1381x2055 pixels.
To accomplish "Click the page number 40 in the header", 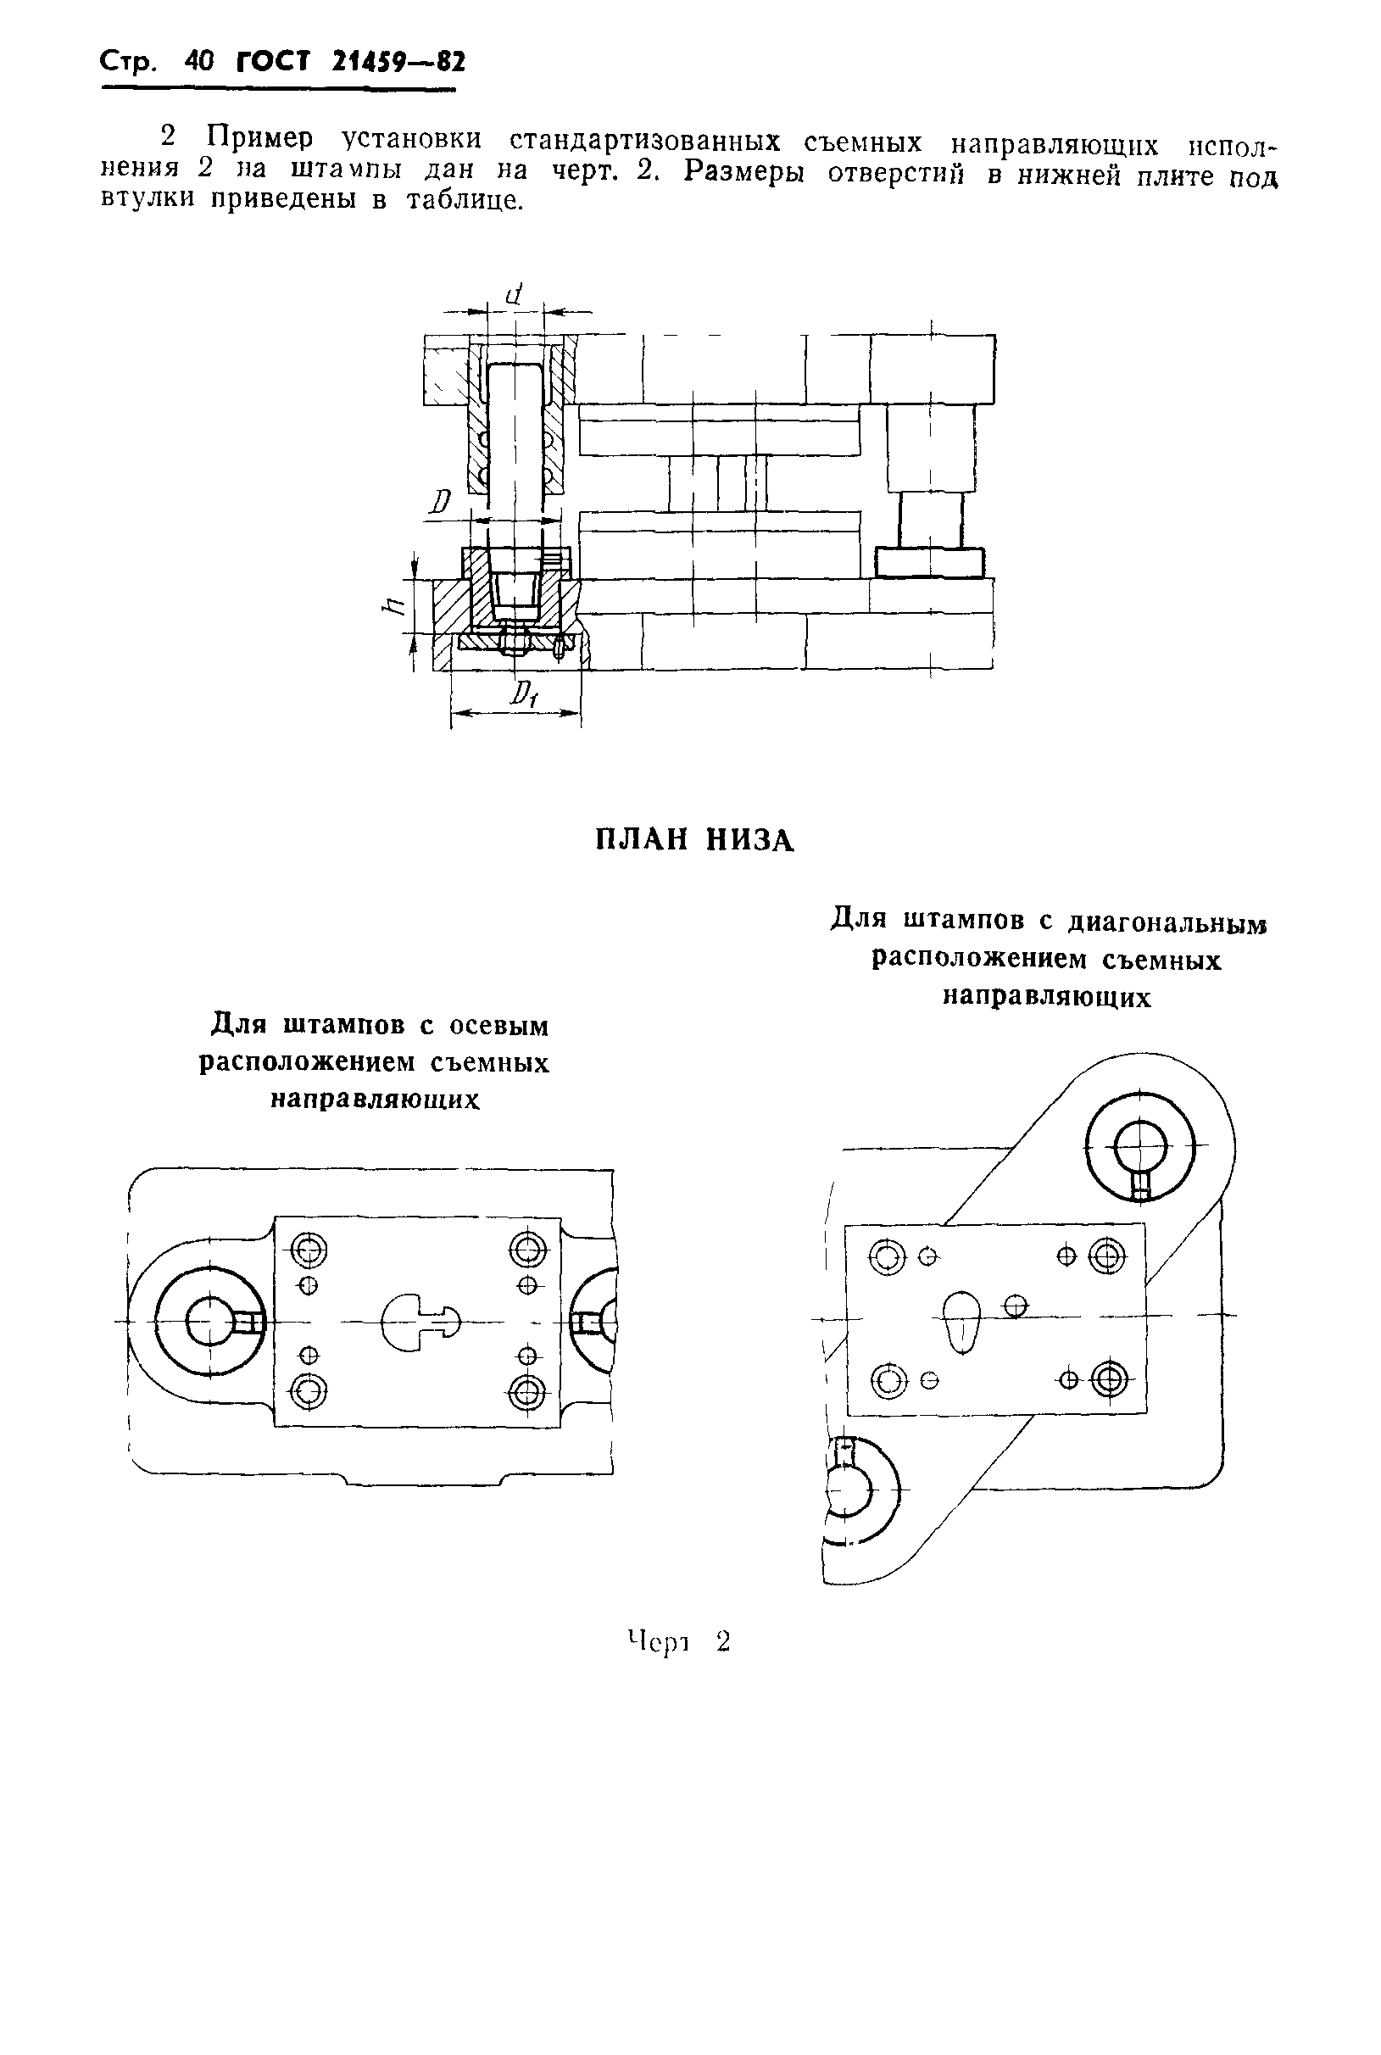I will point(200,63).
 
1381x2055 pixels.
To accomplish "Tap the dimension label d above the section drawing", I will point(515,293).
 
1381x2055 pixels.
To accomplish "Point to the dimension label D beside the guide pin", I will point(440,503).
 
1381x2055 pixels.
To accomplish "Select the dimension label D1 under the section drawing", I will point(524,697).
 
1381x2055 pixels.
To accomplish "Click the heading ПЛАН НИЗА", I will point(695,840).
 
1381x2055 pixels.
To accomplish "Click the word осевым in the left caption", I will point(498,1026).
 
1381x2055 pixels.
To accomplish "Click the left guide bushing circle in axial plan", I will point(210,1323).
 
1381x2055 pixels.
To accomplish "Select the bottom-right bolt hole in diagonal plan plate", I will point(1109,1379).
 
